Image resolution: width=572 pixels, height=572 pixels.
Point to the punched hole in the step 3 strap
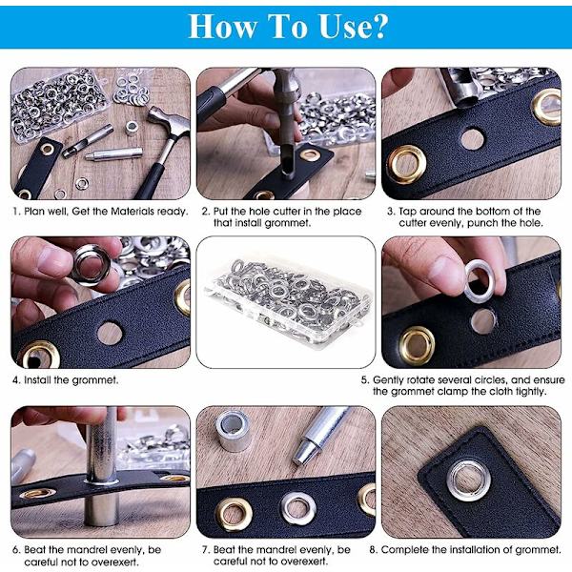(x=473, y=138)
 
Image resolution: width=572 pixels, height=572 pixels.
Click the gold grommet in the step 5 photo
(x=418, y=345)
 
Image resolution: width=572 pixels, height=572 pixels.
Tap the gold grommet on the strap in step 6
(x=38, y=493)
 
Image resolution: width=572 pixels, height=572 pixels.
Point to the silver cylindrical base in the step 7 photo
(x=233, y=431)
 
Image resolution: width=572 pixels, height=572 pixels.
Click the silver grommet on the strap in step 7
(x=298, y=508)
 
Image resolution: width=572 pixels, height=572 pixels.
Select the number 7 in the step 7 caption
(x=204, y=550)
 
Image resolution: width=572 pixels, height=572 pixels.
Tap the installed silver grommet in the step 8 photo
(x=468, y=480)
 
